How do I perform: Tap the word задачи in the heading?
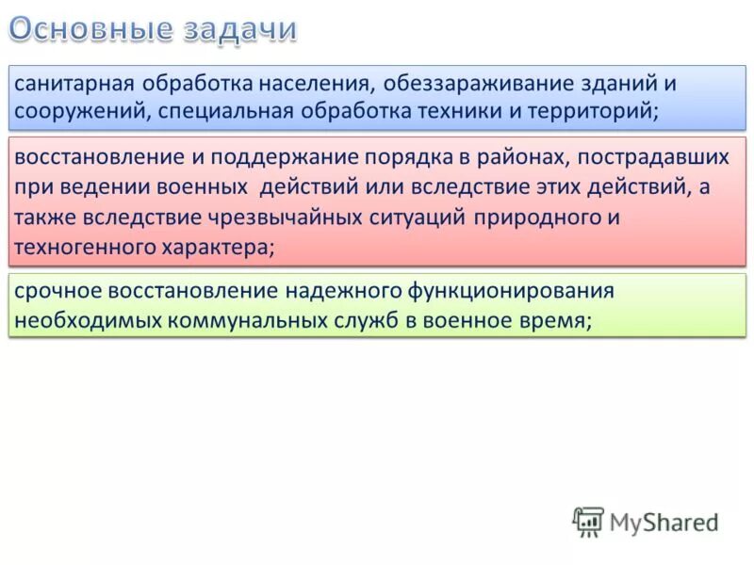click(x=239, y=29)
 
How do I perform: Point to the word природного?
click(x=528, y=218)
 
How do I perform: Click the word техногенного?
click(x=74, y=248)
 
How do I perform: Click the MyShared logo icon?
click(x=588, y=521)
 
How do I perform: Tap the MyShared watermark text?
click(x=664, y=522)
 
